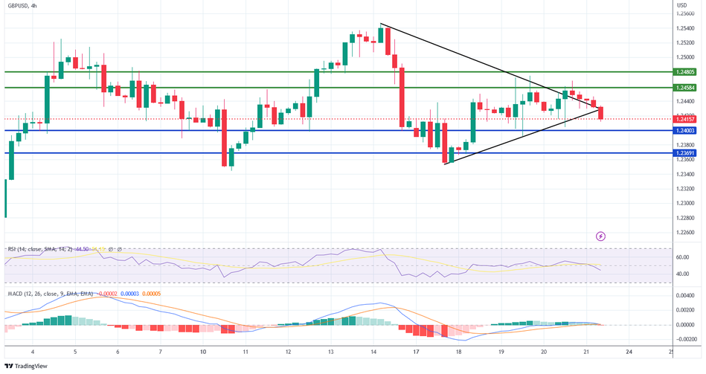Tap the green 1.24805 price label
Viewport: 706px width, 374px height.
pos(687,71)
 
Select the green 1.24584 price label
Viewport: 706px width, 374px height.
pos(687,88)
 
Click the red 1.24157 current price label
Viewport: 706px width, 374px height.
pos(687,119)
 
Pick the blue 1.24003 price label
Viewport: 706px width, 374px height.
pos(687,130)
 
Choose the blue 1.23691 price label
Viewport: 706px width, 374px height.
pos(687,153)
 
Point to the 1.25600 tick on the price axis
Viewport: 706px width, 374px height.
pos(686,13)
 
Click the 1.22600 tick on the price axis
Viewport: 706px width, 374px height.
pos(686,232)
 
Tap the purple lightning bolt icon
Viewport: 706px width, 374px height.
pos(601,236)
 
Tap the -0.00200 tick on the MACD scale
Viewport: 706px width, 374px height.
pos(685,339)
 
